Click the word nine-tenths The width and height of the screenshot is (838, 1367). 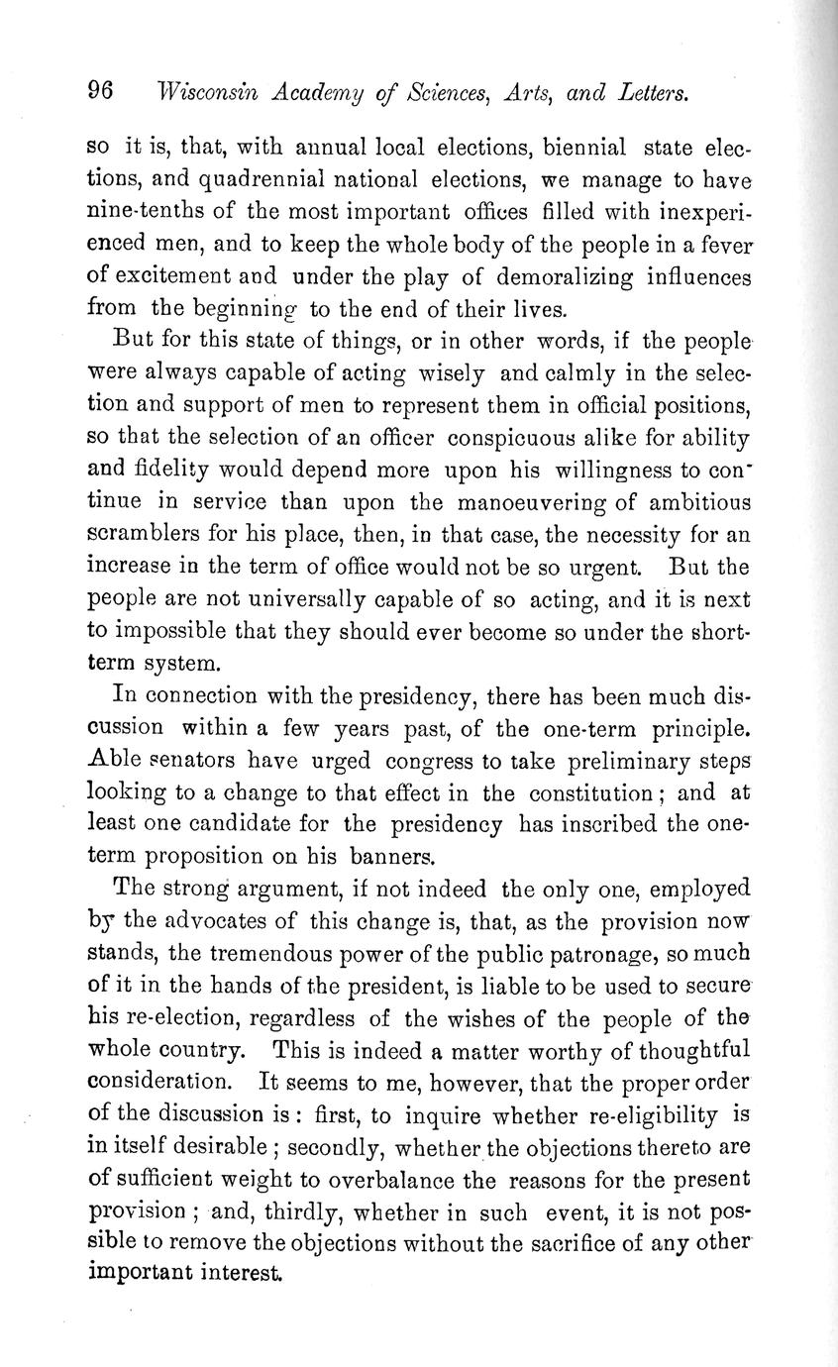[x=148, y=213]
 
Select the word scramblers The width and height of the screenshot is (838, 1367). [x=151, y=536]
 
